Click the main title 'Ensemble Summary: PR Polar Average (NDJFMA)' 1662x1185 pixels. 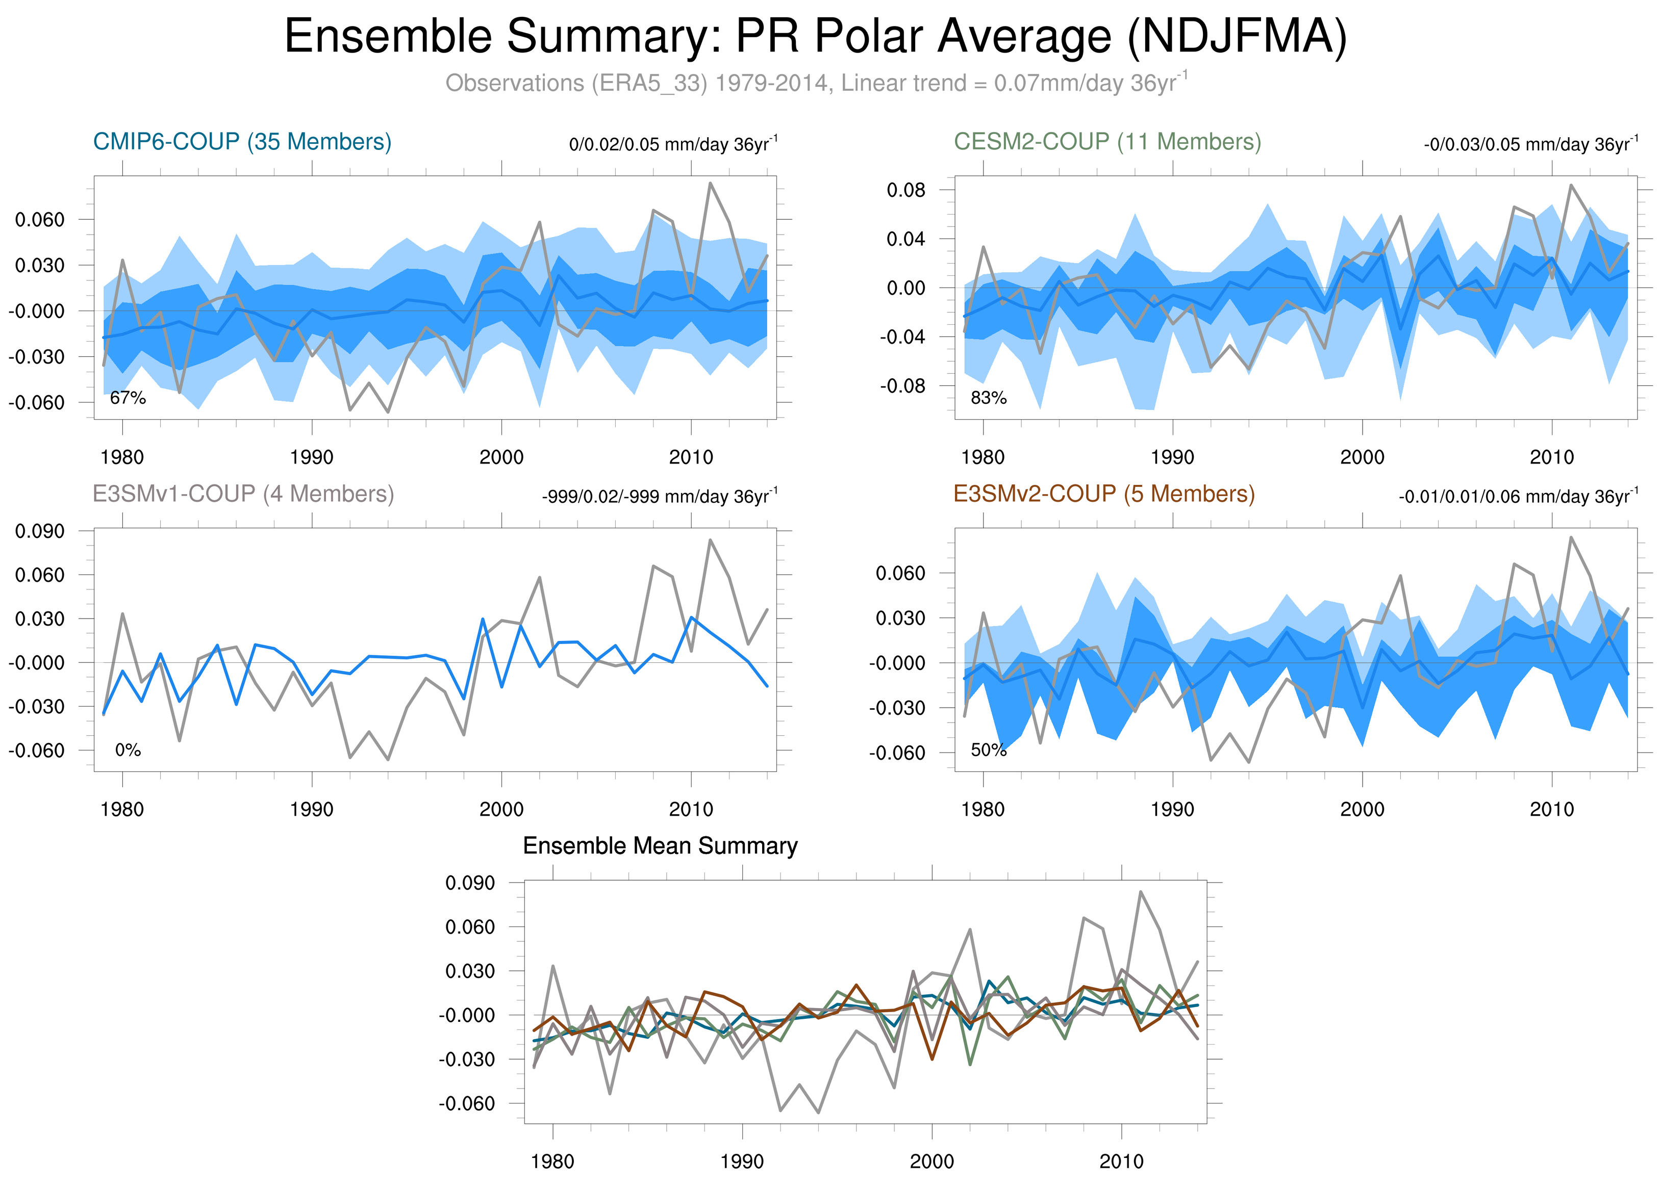pos(815,37)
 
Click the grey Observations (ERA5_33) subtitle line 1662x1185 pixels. pos(815,83)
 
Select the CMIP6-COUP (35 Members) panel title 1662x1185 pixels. pos(242,142)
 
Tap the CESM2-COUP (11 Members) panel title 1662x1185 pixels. pos(1106,142)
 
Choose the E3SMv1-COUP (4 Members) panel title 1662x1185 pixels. pos(243,494)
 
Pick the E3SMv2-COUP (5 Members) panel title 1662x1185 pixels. pos(1103,494)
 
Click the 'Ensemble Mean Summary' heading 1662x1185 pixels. pos(660,846)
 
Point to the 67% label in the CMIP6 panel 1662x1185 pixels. pos(128,398)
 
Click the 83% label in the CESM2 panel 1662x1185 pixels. pos(988,398)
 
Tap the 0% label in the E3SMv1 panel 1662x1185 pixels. pos(128,750)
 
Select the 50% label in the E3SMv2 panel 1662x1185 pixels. pos(988,750)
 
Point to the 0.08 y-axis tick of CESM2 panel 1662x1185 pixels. pos(905,191)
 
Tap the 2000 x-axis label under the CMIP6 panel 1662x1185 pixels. pos(501,457)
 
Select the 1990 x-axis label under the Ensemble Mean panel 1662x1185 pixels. pos(742,1162)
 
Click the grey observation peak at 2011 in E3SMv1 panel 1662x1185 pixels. pos(710,540)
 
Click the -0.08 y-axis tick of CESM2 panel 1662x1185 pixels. pos(902,386)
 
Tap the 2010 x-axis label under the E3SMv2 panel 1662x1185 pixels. pos(1551,809)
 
